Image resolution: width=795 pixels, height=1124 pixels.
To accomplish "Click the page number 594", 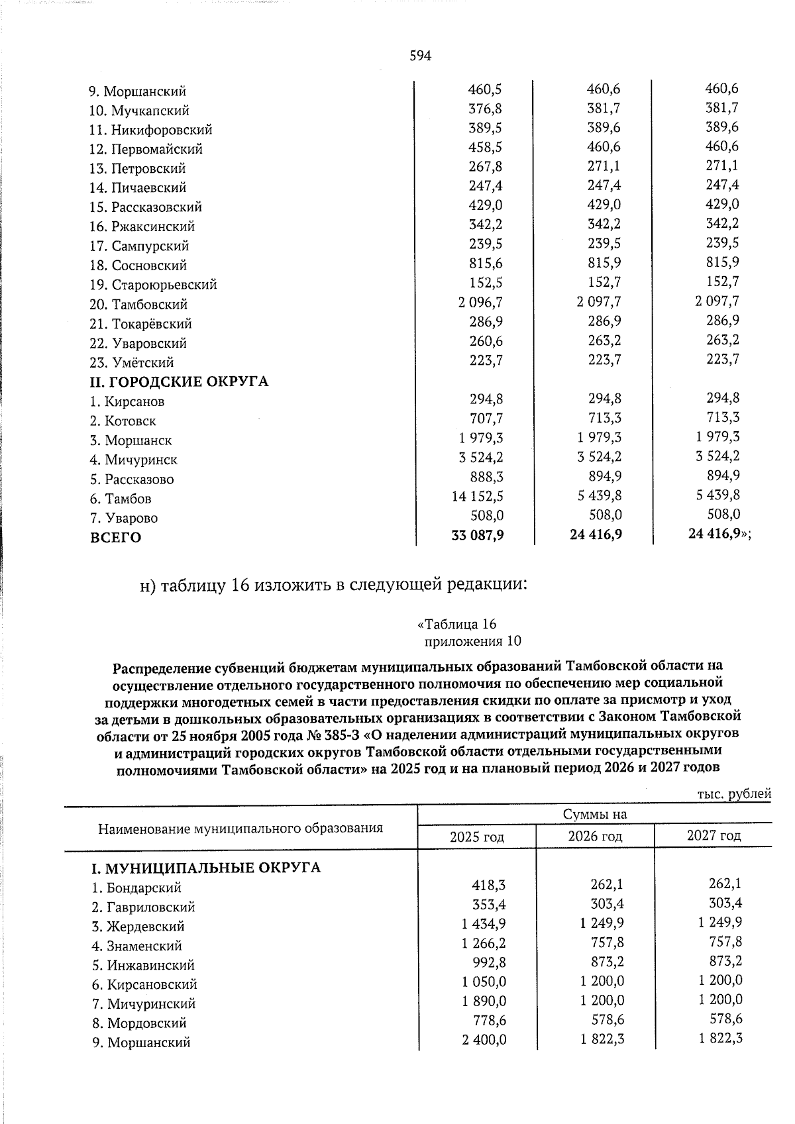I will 421,56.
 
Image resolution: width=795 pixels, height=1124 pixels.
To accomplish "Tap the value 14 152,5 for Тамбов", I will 477,495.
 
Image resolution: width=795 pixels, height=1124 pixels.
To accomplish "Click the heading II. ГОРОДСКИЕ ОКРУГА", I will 179,382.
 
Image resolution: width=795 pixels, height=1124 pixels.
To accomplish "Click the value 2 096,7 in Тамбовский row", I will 479,302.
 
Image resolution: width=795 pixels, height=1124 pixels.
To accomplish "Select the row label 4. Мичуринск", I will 134,460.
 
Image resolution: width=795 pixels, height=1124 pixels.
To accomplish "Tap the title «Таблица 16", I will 457,624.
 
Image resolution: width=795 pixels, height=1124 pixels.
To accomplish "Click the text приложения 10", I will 472,641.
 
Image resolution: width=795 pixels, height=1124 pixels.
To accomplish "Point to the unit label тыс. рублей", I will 735,793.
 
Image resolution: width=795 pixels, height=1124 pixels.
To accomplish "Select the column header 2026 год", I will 595,836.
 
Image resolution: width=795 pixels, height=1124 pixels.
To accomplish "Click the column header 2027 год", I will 714,835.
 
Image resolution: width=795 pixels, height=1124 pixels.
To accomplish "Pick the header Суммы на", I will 594,814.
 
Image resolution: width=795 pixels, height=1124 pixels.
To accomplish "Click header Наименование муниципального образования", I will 240,828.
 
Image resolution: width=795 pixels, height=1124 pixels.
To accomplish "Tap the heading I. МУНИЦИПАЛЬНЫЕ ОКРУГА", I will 205,867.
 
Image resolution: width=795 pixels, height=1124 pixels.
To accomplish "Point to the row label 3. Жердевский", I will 138,927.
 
